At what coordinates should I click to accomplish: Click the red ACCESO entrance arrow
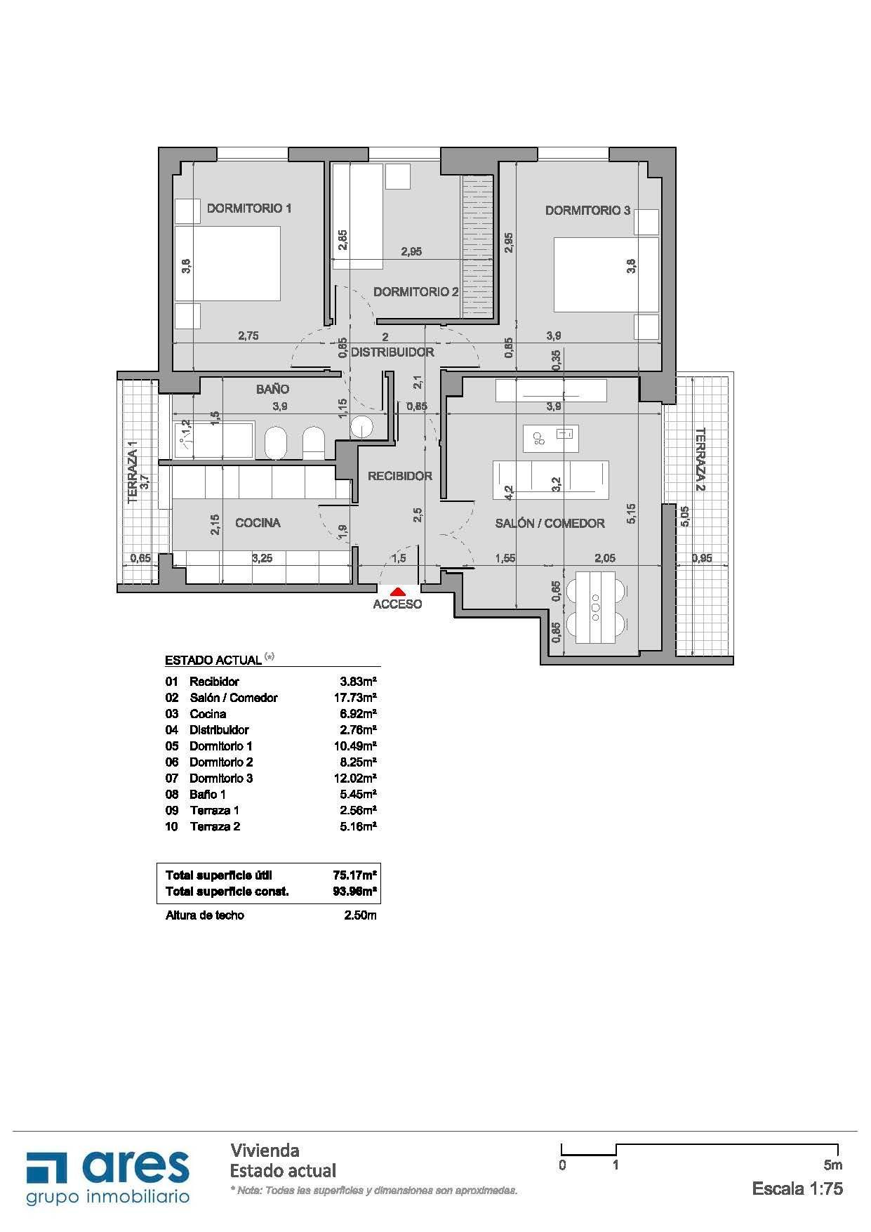(397, 592)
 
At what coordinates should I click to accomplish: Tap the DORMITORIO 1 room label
(249, 208)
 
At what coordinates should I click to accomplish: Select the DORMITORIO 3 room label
(587, 210)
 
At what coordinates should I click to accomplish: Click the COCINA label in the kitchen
(258, 522)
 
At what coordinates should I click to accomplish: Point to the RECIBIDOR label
(400, 476)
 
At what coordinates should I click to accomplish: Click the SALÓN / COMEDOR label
(550, 523)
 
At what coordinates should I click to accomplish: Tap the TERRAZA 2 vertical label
(700, 459)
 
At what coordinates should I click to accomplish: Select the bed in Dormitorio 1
(227, 263)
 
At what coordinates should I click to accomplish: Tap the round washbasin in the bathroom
(362, 428)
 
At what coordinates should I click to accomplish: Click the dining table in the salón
(595, 607)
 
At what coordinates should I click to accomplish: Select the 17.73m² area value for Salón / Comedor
(355, 698)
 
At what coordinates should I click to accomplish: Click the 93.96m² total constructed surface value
(355, 892)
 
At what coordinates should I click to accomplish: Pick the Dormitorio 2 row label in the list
(221, 762)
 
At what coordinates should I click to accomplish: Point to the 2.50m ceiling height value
(360, 915)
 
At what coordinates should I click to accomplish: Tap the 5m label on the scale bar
(833, 1165)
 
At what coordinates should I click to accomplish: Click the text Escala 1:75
(797, 1188)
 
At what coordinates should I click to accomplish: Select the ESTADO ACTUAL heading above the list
(213, 660)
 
